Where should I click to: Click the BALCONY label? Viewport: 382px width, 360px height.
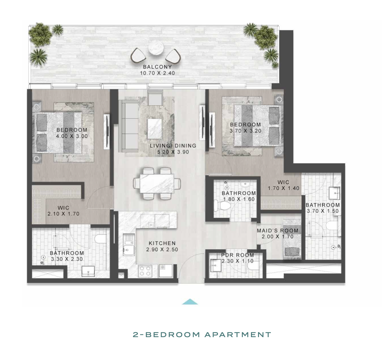click(157, 67)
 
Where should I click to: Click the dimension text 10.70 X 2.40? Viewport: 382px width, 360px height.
click(157, 73)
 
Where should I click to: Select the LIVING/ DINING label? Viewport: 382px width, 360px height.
click(173, 146)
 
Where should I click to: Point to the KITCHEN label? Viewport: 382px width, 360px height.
click(162, 243)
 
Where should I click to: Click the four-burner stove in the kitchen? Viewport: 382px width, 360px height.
click(145, 271)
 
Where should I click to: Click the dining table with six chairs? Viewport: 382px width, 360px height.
click(157, 183)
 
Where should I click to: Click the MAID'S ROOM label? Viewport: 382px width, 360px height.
click(278, 230)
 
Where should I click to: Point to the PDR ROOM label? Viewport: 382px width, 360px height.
click(237, 255)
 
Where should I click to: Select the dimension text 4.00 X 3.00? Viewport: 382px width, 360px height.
click(72, 136)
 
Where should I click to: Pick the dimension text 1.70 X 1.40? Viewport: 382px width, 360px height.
click(284, 188)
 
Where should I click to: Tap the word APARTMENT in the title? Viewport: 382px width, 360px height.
click(238, 335)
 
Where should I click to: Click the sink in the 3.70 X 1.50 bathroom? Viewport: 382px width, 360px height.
click(335, 193)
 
